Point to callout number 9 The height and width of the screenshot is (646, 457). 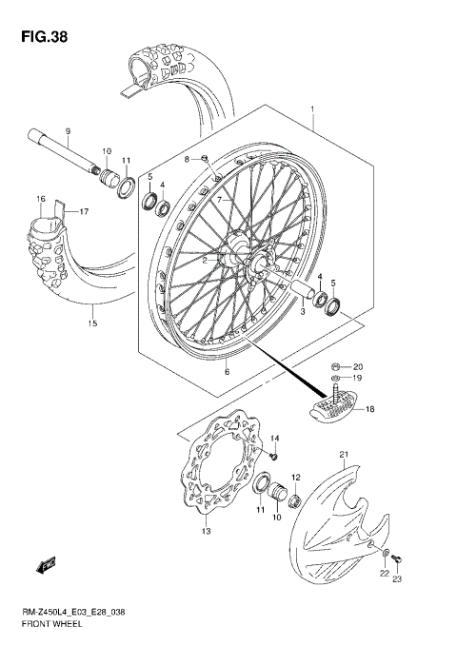(69, 129)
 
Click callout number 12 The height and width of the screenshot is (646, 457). (297, 477)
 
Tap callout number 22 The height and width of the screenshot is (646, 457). (386, 572)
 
